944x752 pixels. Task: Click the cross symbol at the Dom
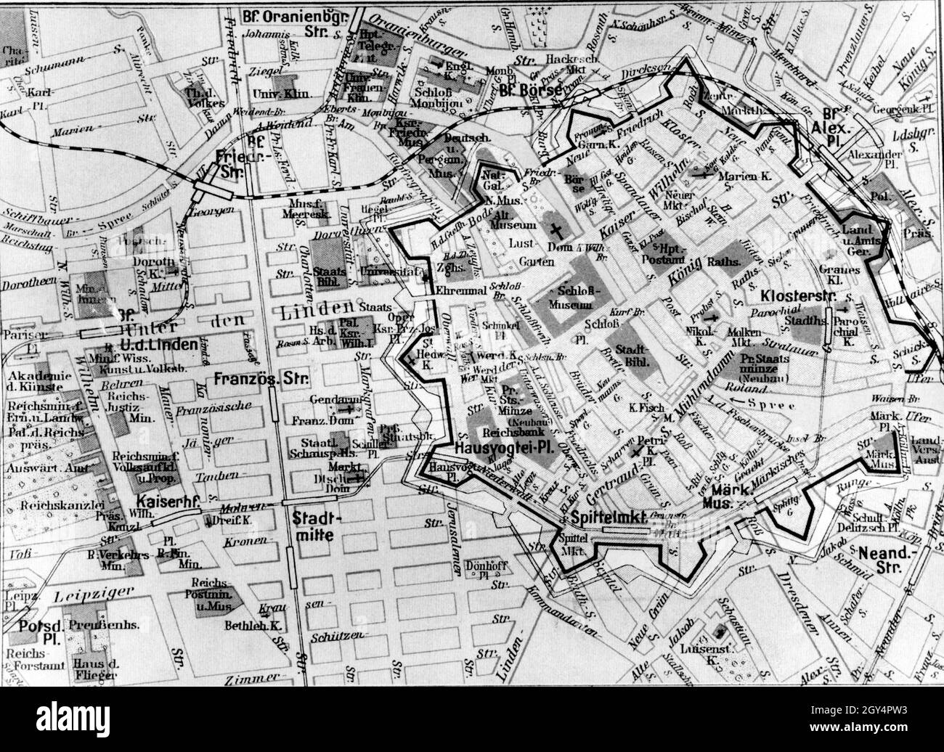coord(556,230)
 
